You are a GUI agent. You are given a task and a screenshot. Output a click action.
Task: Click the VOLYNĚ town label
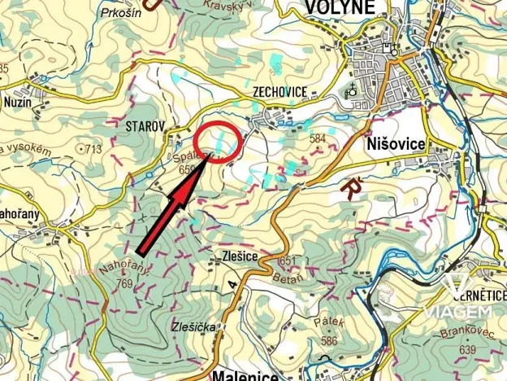[x=340, y=8]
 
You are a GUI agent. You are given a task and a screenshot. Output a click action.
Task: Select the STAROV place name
[x=145, y=126]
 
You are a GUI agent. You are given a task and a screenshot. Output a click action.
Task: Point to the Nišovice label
[x=396, y=144]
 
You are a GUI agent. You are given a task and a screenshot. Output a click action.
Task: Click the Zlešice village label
[x=239, y=256]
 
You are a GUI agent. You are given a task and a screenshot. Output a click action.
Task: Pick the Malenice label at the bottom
[x=245, y=374]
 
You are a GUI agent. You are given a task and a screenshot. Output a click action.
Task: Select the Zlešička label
[x=193, y=327]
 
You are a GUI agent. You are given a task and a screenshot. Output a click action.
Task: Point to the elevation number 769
[x=123, y=284]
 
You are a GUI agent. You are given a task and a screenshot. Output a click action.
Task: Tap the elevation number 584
[x=317, y=139]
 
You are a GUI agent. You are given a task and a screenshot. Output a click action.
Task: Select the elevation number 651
[x=284, y=261]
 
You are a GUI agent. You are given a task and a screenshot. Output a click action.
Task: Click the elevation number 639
[x=467, y=350]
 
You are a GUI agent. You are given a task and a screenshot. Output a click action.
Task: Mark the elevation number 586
[x=329, y=339]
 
